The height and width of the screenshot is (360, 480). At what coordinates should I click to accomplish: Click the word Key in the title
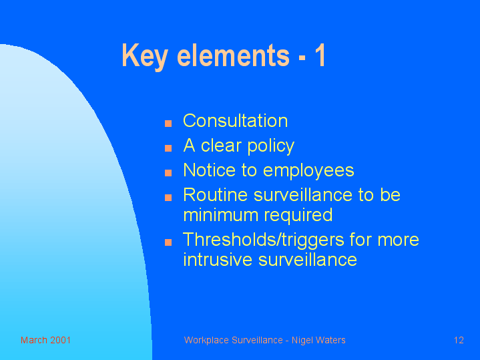point(145,55)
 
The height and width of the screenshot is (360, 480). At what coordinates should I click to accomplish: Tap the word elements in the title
point(233,55)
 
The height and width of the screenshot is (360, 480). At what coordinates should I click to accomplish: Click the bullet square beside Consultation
point(168,124)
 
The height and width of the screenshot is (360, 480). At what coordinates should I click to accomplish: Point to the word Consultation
point(236,120)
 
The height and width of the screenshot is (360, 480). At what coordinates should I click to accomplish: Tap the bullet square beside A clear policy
point(168,148)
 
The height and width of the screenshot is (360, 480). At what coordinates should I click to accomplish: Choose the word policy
point(271,146)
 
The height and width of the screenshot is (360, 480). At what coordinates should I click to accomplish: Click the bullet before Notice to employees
point(168,173)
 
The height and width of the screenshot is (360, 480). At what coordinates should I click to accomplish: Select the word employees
point(308,171)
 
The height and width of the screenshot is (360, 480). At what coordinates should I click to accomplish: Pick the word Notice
point(210,170)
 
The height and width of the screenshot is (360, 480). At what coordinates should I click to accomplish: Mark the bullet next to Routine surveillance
point(168,198)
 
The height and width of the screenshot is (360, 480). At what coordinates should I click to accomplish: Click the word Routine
point(215,194)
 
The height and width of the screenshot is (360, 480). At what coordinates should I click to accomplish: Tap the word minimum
point(221,215)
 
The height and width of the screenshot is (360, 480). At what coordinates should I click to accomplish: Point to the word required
point(298,216)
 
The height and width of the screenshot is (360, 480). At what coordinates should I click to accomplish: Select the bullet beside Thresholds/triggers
point(168,242)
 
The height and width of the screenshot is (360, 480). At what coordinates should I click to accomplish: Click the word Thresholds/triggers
point(264,240)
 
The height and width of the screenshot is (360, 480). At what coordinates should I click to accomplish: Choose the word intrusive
point(218,260)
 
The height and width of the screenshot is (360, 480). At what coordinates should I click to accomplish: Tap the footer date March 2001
point(45,340)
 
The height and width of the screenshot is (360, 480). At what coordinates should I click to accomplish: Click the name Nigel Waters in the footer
point(318,340)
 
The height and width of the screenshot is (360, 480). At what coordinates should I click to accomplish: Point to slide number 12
point(459,340)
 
